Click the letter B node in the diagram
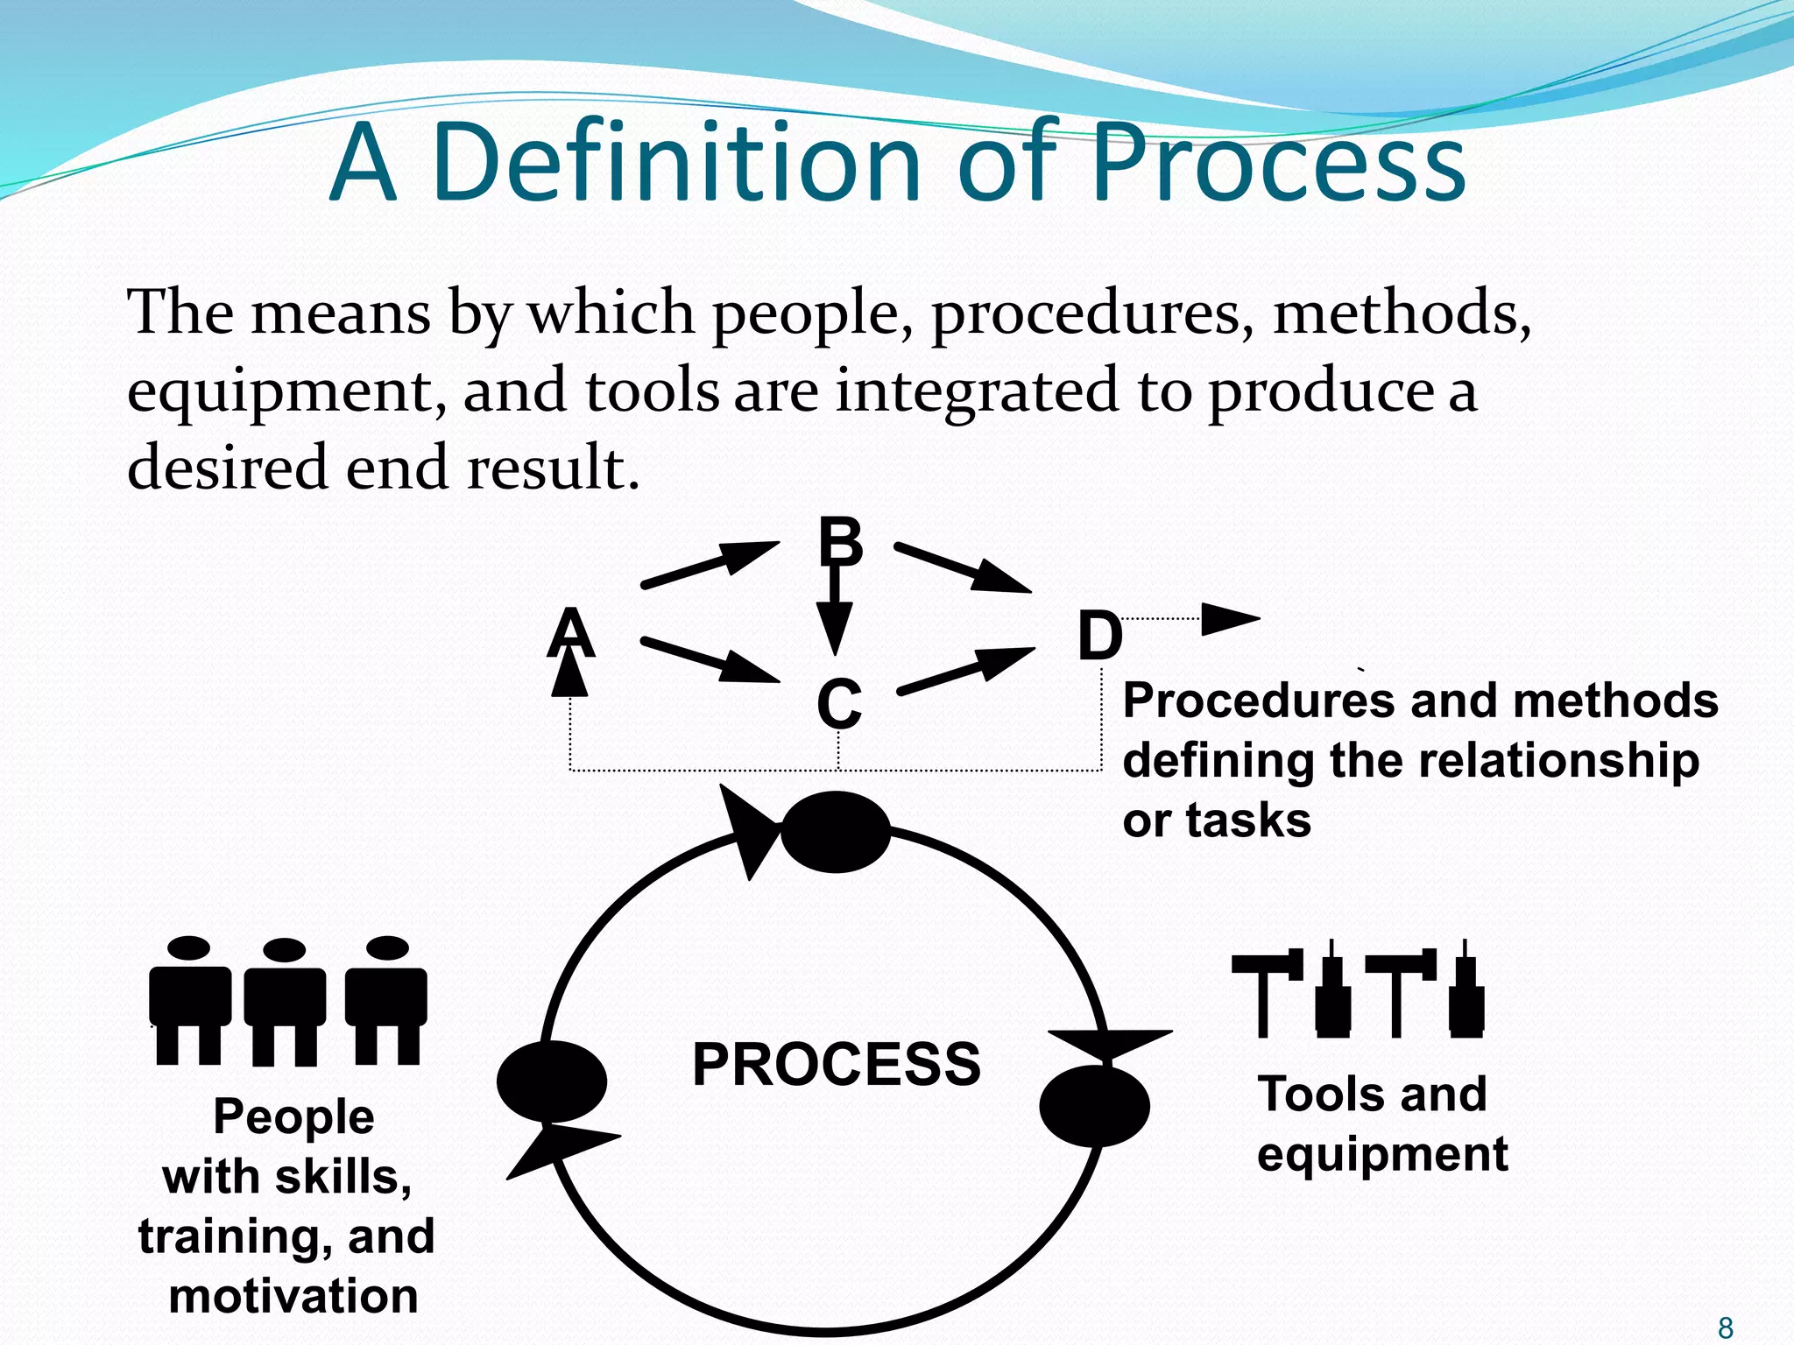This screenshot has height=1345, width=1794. (x=839, y=542)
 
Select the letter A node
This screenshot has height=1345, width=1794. (x=571, y=633)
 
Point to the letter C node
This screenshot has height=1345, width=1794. (x=838, y=703)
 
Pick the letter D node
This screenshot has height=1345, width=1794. (x=1098, y=637)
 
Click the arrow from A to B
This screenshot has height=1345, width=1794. (x=710, y=565)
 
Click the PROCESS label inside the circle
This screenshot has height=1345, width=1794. (x=836, y=1064)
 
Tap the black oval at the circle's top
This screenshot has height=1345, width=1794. (x=835, y=832)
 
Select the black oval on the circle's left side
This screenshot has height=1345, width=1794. (x=552, y=1081)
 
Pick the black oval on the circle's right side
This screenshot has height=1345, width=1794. (x=1094, y=1106)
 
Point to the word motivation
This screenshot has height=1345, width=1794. (x=293, y=1296)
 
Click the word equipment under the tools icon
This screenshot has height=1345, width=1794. (x=1381, y=1153)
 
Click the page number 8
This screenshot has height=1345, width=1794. (x=1726, y=1327)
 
